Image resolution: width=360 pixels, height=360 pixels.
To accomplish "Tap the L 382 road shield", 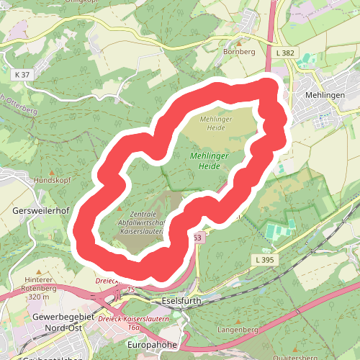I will coord(284,53).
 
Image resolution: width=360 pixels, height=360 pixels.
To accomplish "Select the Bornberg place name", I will coord(240,52).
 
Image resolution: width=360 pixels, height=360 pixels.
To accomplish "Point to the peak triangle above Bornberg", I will coord(240,42).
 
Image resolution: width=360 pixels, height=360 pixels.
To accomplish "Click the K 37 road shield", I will coord(23,74).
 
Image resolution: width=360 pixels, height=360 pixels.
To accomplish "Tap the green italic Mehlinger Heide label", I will coord(207,161).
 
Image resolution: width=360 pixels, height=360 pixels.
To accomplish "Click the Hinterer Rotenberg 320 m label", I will coord(39,287).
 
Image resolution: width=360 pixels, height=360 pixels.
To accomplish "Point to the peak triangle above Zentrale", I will coord(120,208).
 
